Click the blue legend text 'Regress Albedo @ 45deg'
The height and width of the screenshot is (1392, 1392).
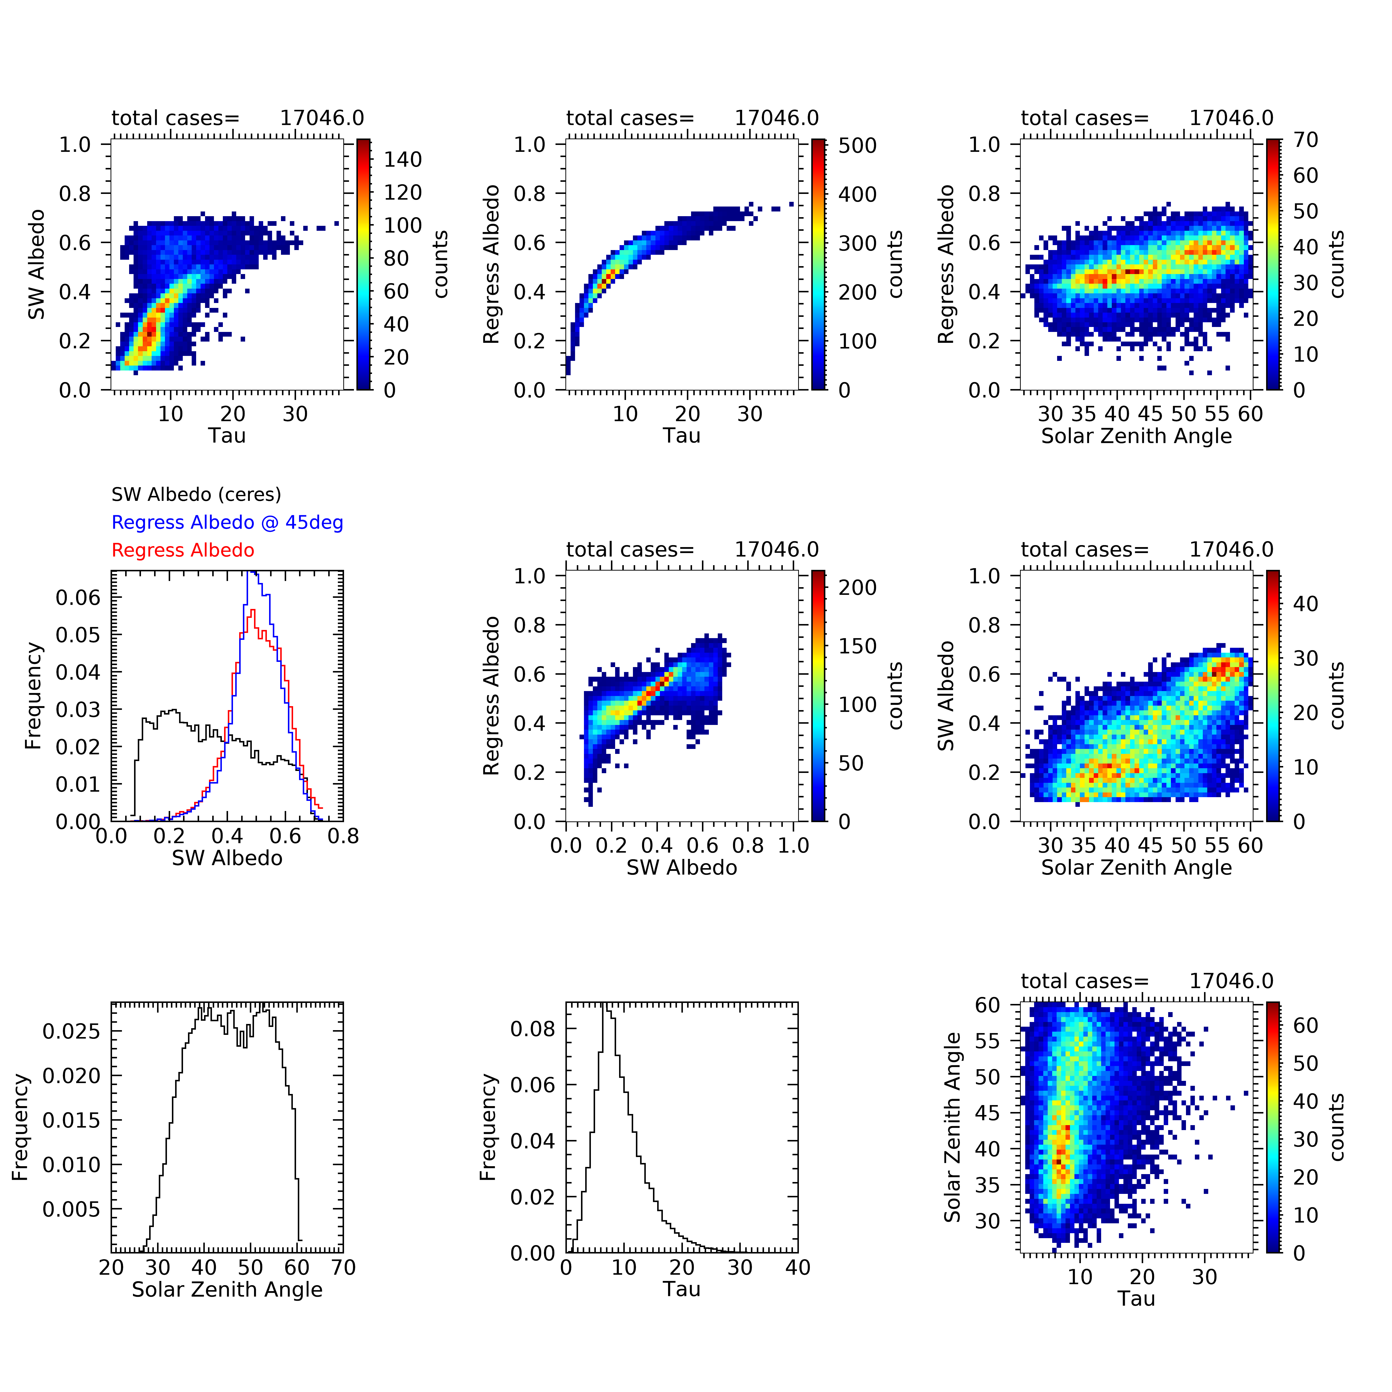coord(227,522)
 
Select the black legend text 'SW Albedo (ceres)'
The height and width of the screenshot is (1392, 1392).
coord(196,494)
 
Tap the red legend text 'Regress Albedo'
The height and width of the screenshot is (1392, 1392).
coord(183,551)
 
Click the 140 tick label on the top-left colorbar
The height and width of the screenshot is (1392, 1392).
coord(403,160)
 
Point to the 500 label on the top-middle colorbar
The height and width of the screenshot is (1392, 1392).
coord(858,145)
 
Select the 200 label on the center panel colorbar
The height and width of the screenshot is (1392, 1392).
coord(858,588)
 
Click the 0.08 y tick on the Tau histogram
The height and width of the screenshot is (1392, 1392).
coord(533,1029)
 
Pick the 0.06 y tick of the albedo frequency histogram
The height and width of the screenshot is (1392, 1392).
coord(78,597)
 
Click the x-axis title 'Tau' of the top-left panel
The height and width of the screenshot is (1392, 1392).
coord(227,436)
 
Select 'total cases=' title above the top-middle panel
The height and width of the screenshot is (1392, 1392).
coord(630,118)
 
